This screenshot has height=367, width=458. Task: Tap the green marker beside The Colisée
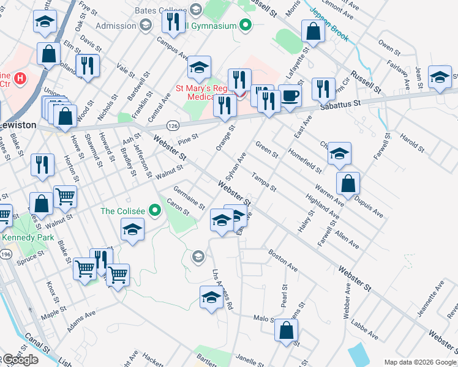(155, 211)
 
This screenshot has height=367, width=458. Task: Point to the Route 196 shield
(6, 254)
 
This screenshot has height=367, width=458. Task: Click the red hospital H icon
(21, 78)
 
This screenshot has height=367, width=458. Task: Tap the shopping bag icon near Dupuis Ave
(348, 182)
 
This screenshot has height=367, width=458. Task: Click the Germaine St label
(188, 198)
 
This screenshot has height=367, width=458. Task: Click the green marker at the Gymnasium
(246, 25)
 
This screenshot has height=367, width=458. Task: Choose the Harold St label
(410, 141)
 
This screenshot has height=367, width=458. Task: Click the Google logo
(20, 360)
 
